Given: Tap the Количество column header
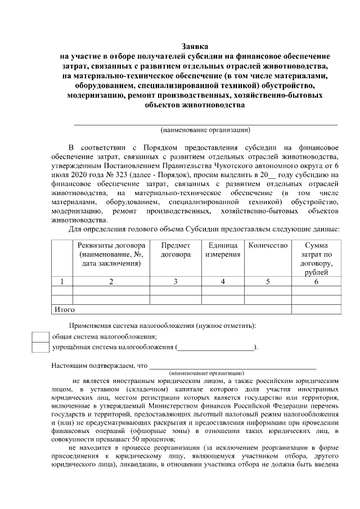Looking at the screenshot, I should click(x=268, y=245).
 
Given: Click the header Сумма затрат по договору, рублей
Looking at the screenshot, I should click(x=316, y=259).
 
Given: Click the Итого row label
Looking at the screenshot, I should click(x=64, y=309).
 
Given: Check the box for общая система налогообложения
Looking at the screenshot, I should click(x=40, y=336).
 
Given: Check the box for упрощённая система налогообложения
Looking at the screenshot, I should click(x=40, y=347).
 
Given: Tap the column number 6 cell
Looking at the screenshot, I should click(x=316, y=281).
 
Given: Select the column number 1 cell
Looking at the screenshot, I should click(x=62, y=281).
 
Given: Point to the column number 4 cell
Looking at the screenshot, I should click(x=222, y=281).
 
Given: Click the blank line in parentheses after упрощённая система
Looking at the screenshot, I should click(x=216, y=348).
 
